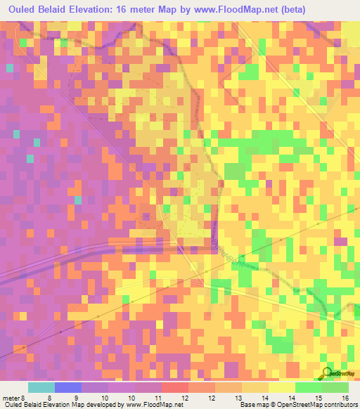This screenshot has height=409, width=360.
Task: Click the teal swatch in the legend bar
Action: [x=41, y=387]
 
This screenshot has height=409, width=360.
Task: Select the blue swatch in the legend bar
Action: [x=67, y=387]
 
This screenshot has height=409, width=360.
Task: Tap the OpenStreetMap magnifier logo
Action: [x=326, y=373]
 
